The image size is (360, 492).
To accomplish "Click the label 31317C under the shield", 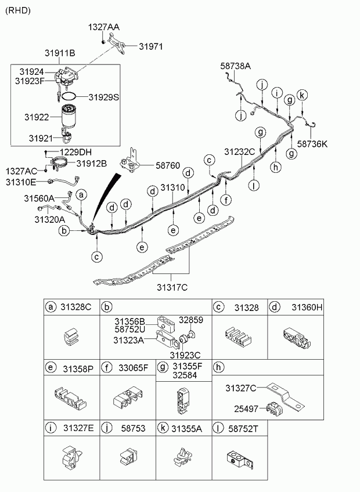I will [172, 286].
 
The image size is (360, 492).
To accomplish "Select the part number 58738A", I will [235, 67].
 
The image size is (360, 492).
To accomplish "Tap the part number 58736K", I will [312, 144].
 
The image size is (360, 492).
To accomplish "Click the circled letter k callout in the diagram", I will [302, 95].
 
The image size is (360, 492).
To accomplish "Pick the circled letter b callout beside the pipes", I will [66, 231].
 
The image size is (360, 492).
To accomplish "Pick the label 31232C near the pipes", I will [239, 151].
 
